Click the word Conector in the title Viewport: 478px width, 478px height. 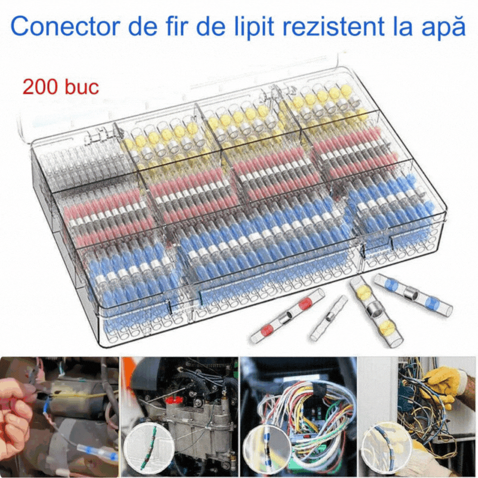pos(66,26)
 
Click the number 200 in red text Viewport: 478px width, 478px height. pos(40,87)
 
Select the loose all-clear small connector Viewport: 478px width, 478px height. pos(329,318)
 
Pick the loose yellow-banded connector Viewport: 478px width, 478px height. pos(376,311)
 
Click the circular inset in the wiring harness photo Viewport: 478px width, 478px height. pos(267,448)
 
